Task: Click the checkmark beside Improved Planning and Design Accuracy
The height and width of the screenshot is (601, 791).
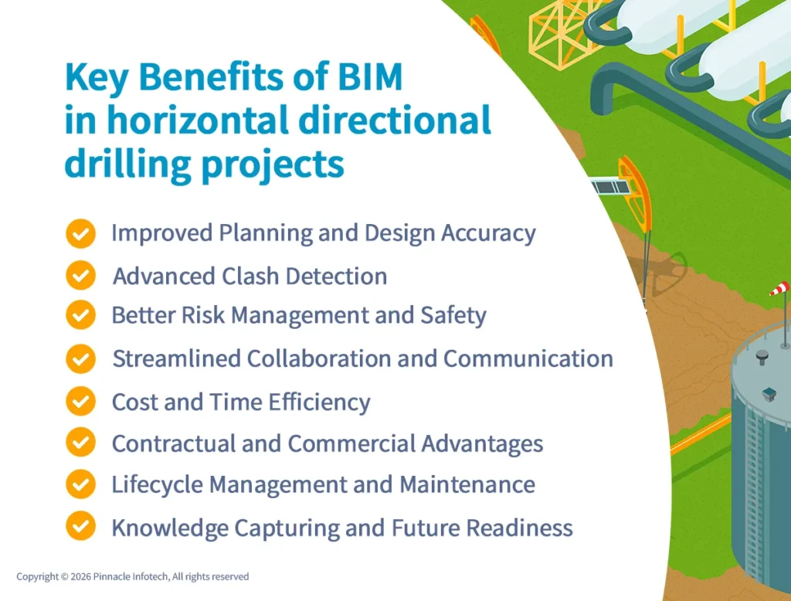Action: (80, 233)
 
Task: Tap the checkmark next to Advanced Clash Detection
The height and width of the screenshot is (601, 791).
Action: (80, 276)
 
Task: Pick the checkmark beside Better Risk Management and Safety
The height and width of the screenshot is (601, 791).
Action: (80, 315)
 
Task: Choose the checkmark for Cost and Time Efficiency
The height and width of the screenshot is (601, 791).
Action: (80, 402)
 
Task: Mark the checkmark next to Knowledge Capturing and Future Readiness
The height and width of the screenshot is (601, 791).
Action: (80, 527)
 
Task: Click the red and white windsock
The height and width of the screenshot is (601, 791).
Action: (779, 289)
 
